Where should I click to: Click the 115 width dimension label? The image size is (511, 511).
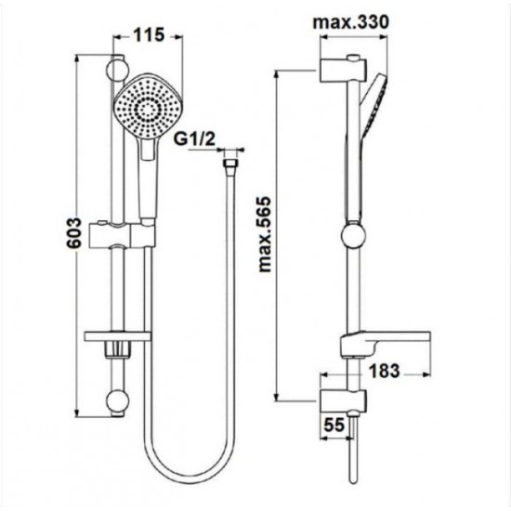pyautogui.click(x=149, y=35)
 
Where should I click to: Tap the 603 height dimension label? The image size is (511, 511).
pyautogui.click(x=74, y=232)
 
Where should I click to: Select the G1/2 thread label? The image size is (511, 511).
pyautogui.click(x=194, y=139)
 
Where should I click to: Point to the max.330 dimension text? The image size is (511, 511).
pyautogui.click(x=351, y=22)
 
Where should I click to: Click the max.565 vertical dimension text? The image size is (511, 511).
pyautogui.click(x=264, y=234)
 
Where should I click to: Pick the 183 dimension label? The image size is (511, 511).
pyautogui.click(x=385, y=371)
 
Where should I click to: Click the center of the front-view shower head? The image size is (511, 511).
pyautogui.click(x=149, y=108)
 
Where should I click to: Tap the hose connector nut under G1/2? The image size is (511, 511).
pyautogui.click(x=230, y=164)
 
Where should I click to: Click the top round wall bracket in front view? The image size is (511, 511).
pyautogui.click(x=118, y=70)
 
